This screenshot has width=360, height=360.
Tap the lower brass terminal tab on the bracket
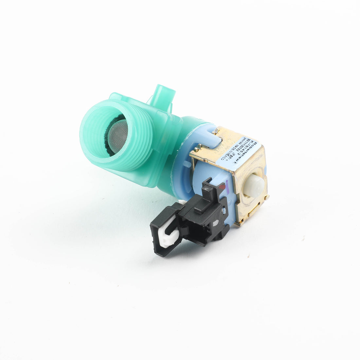(x=241, y=223)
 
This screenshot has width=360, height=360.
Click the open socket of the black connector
(x=164, y=229)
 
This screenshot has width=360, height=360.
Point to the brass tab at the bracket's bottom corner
(x=267, y=197)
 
